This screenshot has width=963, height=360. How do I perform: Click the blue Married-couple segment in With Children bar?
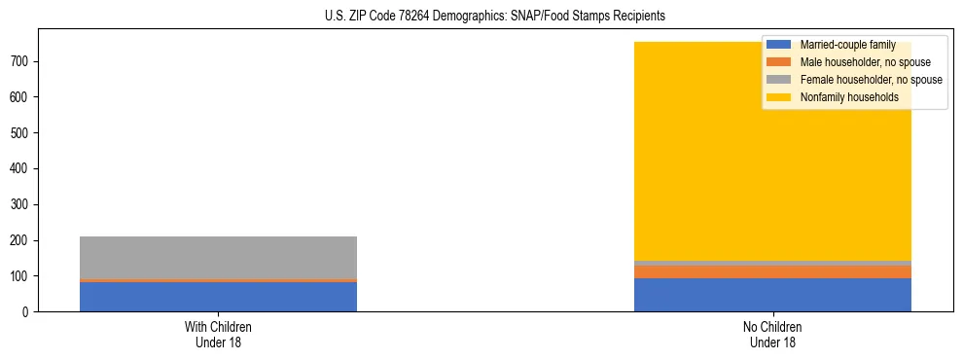pos(218,297)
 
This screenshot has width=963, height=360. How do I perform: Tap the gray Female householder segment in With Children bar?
pos(218,257)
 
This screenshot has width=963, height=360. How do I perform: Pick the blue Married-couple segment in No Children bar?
pos(772,295)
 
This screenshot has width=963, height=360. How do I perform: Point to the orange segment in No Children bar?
pos(772,271)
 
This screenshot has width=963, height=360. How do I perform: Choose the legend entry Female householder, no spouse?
pos(871,80)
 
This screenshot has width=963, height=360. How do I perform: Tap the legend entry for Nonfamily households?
pos(849,97)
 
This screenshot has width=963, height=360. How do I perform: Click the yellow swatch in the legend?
pos(779,97)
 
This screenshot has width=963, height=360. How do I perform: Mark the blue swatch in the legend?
pos(779,45)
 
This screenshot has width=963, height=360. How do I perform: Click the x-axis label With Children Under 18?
pos(218,335)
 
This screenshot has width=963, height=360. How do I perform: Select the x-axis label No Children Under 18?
pos(772,335)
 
